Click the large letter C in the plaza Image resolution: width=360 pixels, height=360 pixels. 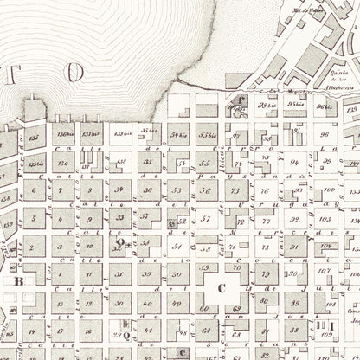221,288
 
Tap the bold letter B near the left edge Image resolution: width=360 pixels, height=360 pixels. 16,280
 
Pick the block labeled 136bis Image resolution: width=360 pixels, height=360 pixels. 63,134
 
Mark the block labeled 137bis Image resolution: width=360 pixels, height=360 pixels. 91,134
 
